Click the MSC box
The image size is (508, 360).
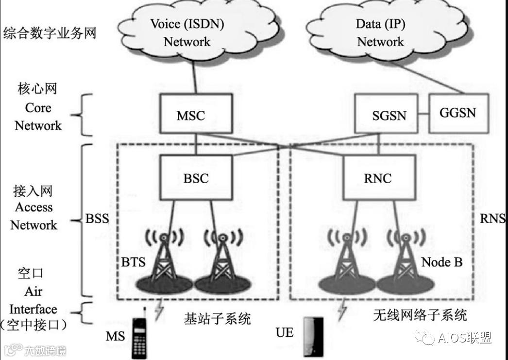(x=191, y=115)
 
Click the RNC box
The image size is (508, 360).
(x=379, y=178)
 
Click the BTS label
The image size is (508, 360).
(x=133, y=262)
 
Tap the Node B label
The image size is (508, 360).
(x=441, y=262)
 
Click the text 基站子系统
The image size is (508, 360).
(x=217, y=319)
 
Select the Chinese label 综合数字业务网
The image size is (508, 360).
(x=50, y=34)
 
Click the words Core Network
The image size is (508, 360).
(x=38, y=117)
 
